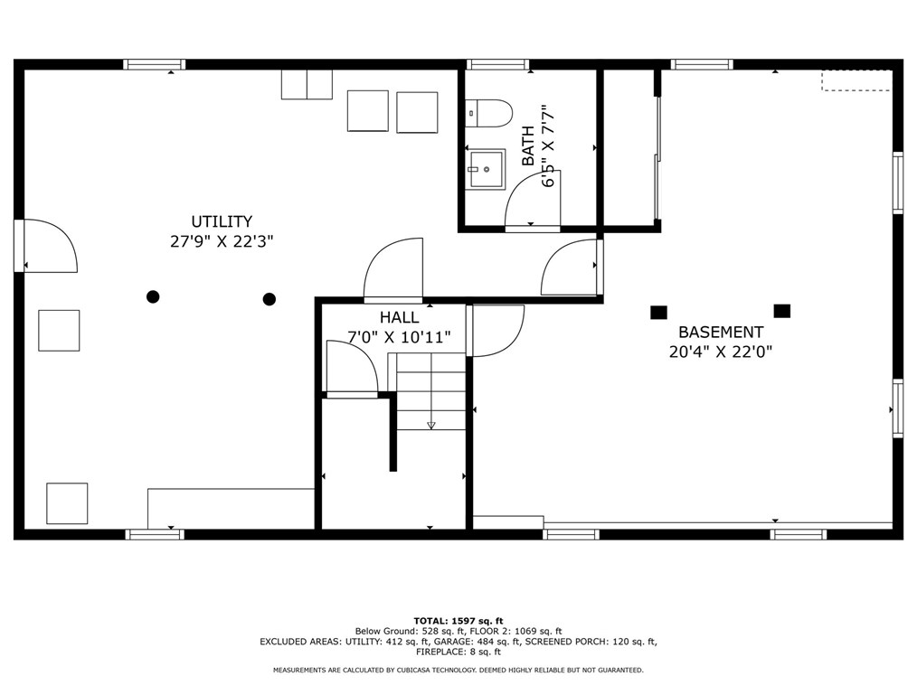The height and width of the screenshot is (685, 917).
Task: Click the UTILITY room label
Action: (x=222, y=221)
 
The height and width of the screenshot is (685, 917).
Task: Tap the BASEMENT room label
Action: (x=721, y=332)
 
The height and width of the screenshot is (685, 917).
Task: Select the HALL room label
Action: (x=400, y=317)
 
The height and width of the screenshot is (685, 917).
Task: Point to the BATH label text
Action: (x=527, y=145)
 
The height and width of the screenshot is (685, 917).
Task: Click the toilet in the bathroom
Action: (x=489, y=113)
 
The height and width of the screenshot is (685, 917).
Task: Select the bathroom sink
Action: (x=486, y=170)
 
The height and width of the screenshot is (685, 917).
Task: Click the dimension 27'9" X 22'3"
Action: (x=222, y=241)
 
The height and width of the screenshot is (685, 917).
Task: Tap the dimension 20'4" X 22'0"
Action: (x=721, y=352)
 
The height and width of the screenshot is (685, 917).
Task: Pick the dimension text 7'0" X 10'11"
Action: (x=400, y=337)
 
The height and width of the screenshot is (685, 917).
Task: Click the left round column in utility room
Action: (x=153, y=297)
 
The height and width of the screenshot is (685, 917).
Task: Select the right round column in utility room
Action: (x=269, y=299)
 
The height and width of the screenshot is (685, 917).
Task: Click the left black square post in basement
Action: (x=658, y=313)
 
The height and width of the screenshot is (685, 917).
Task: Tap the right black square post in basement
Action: (x=782, y=311)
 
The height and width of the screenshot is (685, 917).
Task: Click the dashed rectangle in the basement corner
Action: (x=856, y=80)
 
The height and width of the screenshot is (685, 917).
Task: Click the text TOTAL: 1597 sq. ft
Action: (x=458, y=621)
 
